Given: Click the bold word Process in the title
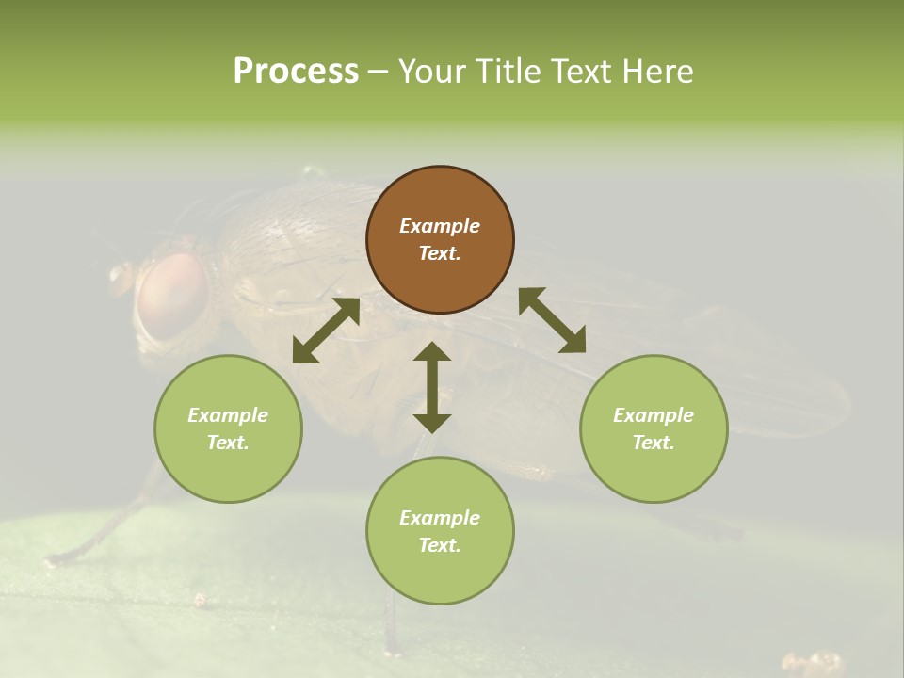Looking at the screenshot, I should [x=296, y=72].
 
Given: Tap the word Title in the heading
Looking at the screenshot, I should [x=506, y=72].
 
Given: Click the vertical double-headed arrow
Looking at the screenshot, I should [x=432, y=387].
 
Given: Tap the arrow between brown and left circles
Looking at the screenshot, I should [x=326, y=331].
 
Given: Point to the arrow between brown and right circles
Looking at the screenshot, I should [x=552, y=320].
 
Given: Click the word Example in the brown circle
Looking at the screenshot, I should [x=440, y=226].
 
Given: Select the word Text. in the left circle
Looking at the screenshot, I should [x=228, y=443].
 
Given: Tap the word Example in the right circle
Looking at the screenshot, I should [x=654, y=415].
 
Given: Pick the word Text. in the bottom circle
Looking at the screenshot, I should [x=440, y=545].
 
